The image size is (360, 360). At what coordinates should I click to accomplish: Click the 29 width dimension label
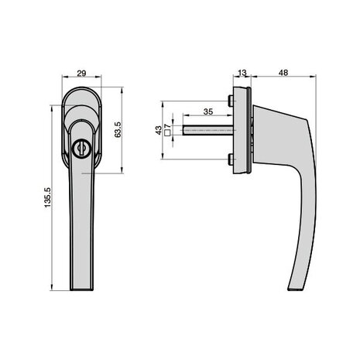(81, 74)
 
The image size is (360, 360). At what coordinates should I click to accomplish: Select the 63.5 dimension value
(118, 129)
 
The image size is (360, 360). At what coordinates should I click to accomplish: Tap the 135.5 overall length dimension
(48, 197)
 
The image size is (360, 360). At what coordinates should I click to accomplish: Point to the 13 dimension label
(242, 73)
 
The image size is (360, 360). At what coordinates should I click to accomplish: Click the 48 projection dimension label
(283, 73)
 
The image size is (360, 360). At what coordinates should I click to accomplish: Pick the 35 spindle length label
(208, 111)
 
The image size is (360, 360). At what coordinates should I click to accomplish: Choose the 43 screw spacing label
(158, 130)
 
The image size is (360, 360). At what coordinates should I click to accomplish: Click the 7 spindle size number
(167, 126)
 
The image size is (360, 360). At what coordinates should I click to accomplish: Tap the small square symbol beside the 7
(167, 132)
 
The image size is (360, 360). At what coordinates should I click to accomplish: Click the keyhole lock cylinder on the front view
(81, 149)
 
